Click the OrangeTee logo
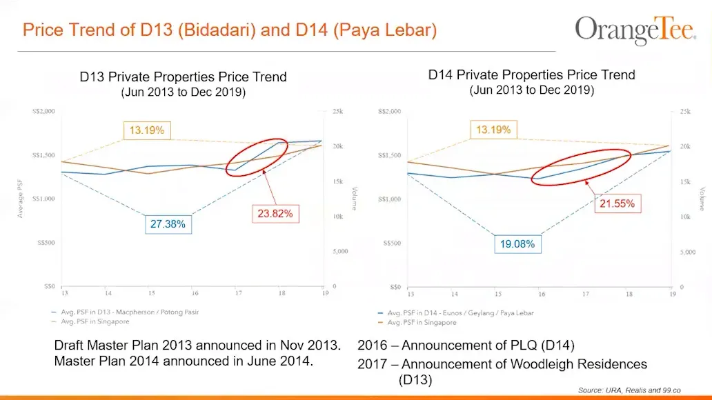pyautogui.click(x=635, y=30)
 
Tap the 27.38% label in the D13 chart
pyautogui.click(x=168, y=224)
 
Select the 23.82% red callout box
pyautogui.click(x=275, y=214)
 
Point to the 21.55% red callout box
pyautogui.click(x=616, y=204)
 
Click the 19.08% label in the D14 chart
pyautogui.click(x=517, y=244)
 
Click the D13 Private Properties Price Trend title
pyautogui.click(x=183, y=77)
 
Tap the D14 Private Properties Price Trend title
pyautogui.click(x=531, y=74)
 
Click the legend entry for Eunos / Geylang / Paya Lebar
pyautogui.click(x=459, y=312)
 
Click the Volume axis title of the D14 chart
pyautogui.click(x=703, y=199)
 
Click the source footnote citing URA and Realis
pyautogui.click(x=638, y=390)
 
